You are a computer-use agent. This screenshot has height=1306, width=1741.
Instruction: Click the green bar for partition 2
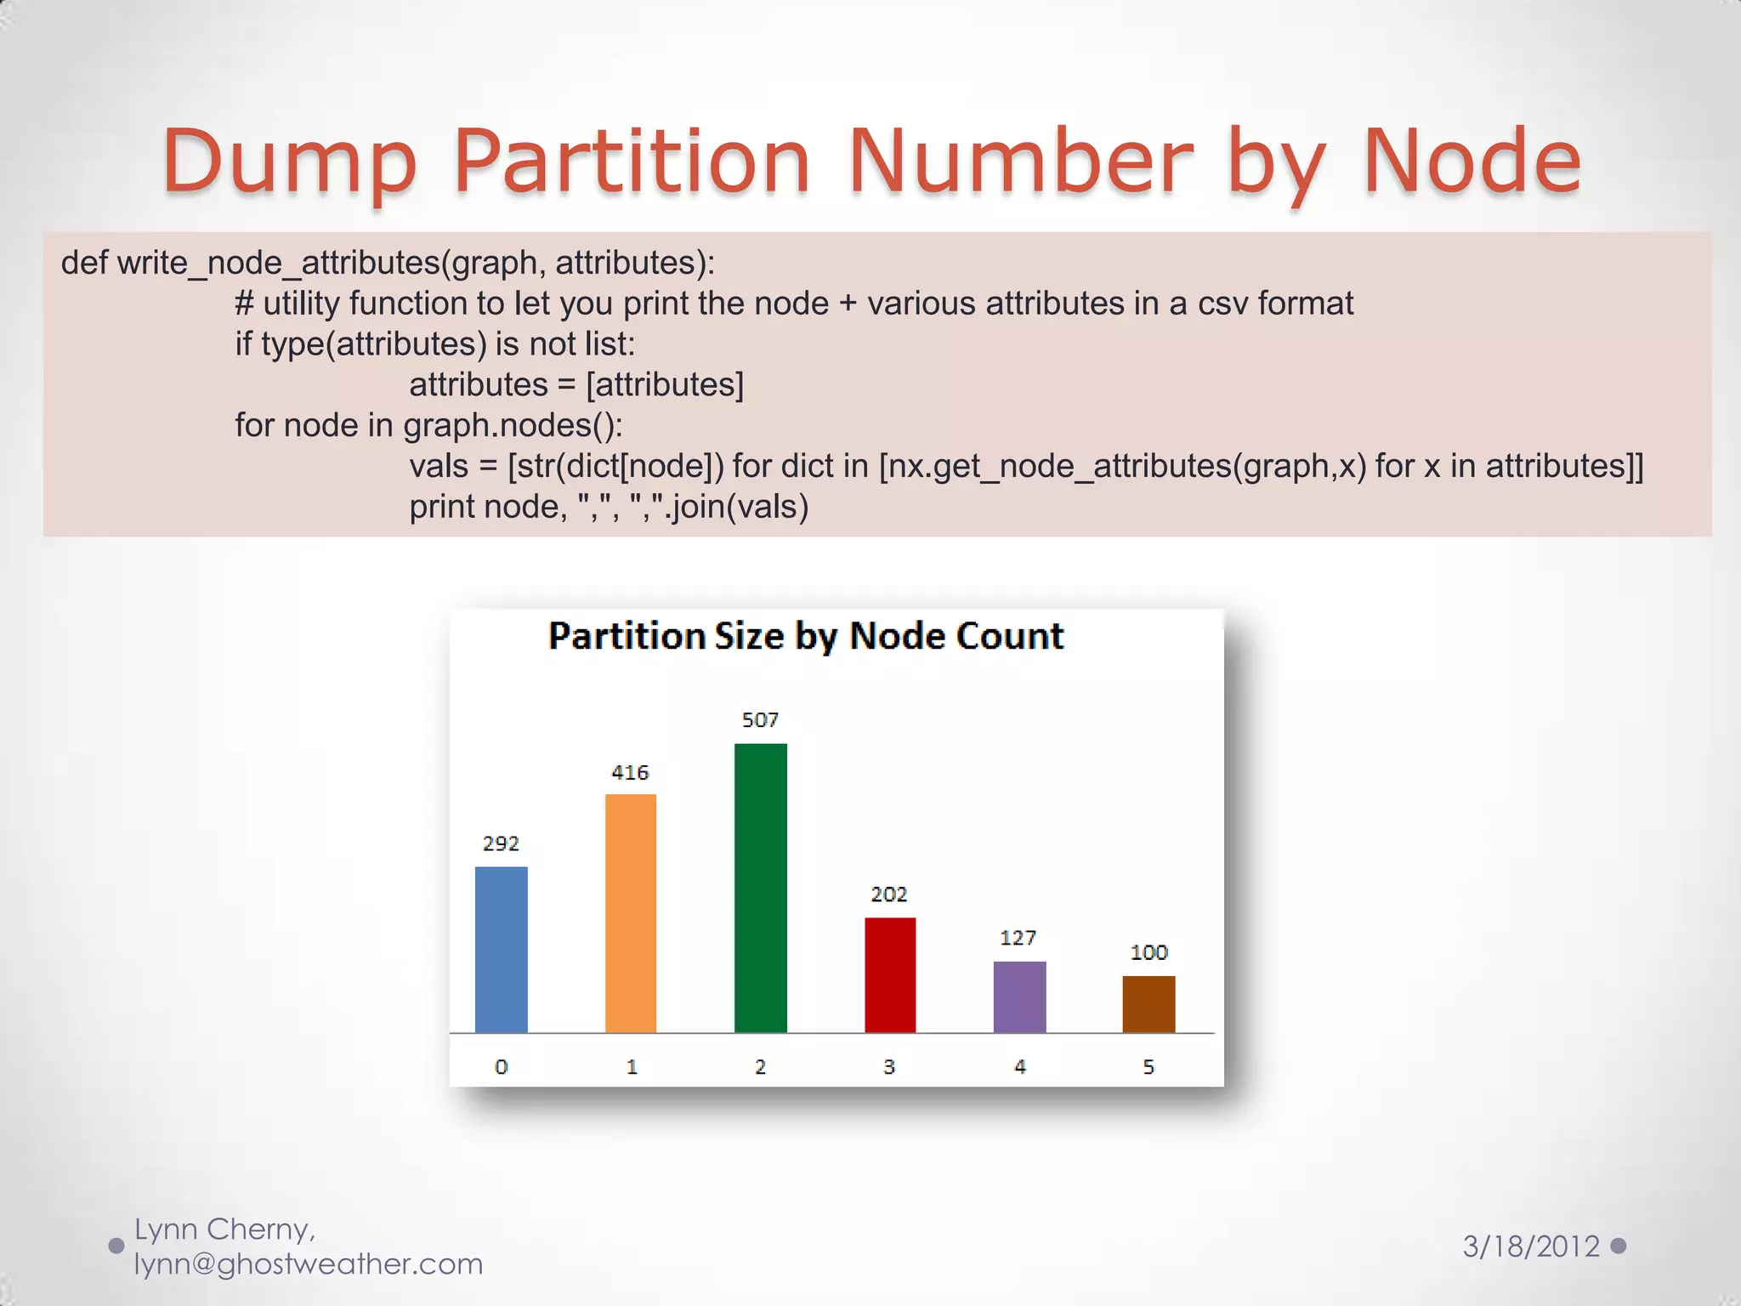(x=760, y=888)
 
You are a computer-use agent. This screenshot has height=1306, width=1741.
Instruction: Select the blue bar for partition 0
(x=501, y=949)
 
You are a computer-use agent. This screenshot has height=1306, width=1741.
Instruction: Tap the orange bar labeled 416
(x=630, y=913)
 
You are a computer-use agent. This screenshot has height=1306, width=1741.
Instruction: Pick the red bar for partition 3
(x=890, y=974)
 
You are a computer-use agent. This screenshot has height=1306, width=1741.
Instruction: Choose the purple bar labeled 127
(x=1019, y=997)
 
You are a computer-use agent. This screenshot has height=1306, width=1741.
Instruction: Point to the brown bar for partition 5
(x=1148, y=1004)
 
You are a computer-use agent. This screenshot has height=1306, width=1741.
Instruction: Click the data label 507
(x=760, y=720)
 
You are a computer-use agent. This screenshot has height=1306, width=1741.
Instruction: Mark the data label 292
(x=501, y=843)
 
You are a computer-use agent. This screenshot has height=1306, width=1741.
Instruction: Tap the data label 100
(x=1148, y=952)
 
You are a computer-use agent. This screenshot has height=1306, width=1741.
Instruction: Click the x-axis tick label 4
(x=1020, y=1066)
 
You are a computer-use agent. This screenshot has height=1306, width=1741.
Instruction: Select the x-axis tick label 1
(x=632, y=1066)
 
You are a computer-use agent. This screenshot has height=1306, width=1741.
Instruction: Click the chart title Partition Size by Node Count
(x=805, y=636)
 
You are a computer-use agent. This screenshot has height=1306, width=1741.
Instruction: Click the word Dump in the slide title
(x=289, y=162)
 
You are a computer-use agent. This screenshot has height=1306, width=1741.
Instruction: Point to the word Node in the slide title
(x=1472, y=162)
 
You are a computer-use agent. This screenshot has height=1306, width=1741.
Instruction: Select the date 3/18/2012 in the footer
(x=1531, y=1246)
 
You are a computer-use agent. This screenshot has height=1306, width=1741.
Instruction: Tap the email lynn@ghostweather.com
(x=309, y=1264)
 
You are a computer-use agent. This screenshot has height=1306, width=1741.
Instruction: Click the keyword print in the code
(x=441, y=507)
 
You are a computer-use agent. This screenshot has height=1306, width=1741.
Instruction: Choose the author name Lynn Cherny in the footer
(x=223, y=1229)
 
